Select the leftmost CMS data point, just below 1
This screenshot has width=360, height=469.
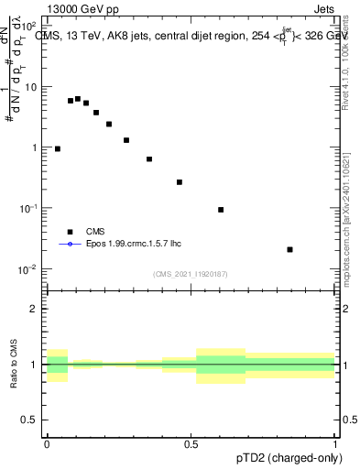tap(58, 148)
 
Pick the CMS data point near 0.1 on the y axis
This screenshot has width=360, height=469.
tap(221, 210)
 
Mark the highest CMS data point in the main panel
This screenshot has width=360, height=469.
tap(78, 99)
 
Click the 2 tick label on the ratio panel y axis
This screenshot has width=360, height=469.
tap(35, 309)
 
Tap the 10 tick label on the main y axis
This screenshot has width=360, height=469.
tap(31, 87)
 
